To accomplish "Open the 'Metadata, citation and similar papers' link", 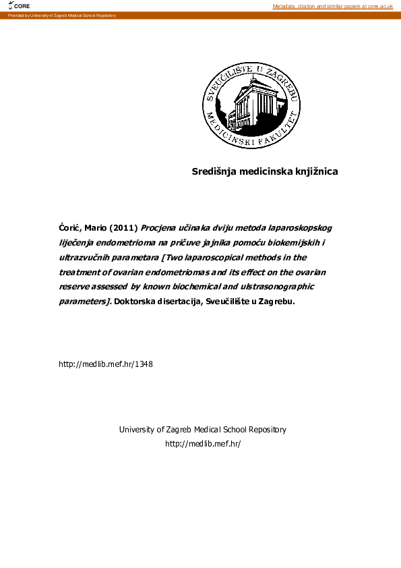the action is click(x=332, y=6).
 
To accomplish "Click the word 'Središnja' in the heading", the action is click(x=215, y=171).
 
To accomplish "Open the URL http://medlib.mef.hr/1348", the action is click(x=106, y=364).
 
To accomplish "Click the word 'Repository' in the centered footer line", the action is click(x=268, y=430).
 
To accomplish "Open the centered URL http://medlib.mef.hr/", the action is click(x=203, y=444).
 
